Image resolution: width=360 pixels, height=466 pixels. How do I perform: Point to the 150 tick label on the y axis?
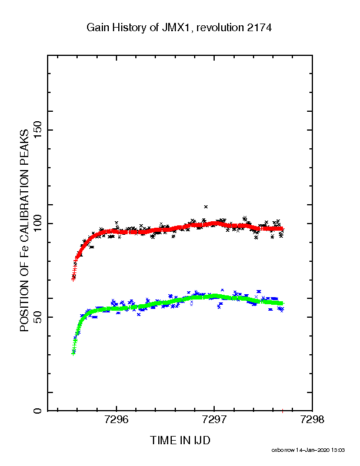(38, 130)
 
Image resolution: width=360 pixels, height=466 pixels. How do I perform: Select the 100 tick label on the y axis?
(38, 224)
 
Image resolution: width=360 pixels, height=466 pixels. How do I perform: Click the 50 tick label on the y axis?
(38, 317)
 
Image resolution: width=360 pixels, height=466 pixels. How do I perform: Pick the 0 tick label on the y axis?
(38, 411)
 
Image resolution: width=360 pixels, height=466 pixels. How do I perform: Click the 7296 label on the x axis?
(116, 420)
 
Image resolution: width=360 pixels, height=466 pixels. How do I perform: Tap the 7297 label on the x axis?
(214, 420)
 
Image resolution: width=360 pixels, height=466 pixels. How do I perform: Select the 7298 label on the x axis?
(312, 420)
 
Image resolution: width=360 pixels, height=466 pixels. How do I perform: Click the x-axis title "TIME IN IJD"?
(180, 440)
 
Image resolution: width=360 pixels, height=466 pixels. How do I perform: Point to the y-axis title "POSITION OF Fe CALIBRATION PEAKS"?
(24, 230)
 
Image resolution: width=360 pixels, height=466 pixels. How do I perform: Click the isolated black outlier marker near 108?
(205, 207)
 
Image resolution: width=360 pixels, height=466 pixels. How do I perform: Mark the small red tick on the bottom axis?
(282, 411)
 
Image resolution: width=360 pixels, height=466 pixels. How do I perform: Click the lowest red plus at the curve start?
(73, 279)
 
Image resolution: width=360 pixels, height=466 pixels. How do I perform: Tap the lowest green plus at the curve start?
(73, 354)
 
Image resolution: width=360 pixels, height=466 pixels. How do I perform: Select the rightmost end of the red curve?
(283, 228)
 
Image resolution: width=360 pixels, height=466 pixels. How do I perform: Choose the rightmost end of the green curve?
(283, 304)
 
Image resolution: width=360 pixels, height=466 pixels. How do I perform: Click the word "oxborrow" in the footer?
(283, 450)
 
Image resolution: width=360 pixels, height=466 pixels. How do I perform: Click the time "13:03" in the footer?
(338, 450)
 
